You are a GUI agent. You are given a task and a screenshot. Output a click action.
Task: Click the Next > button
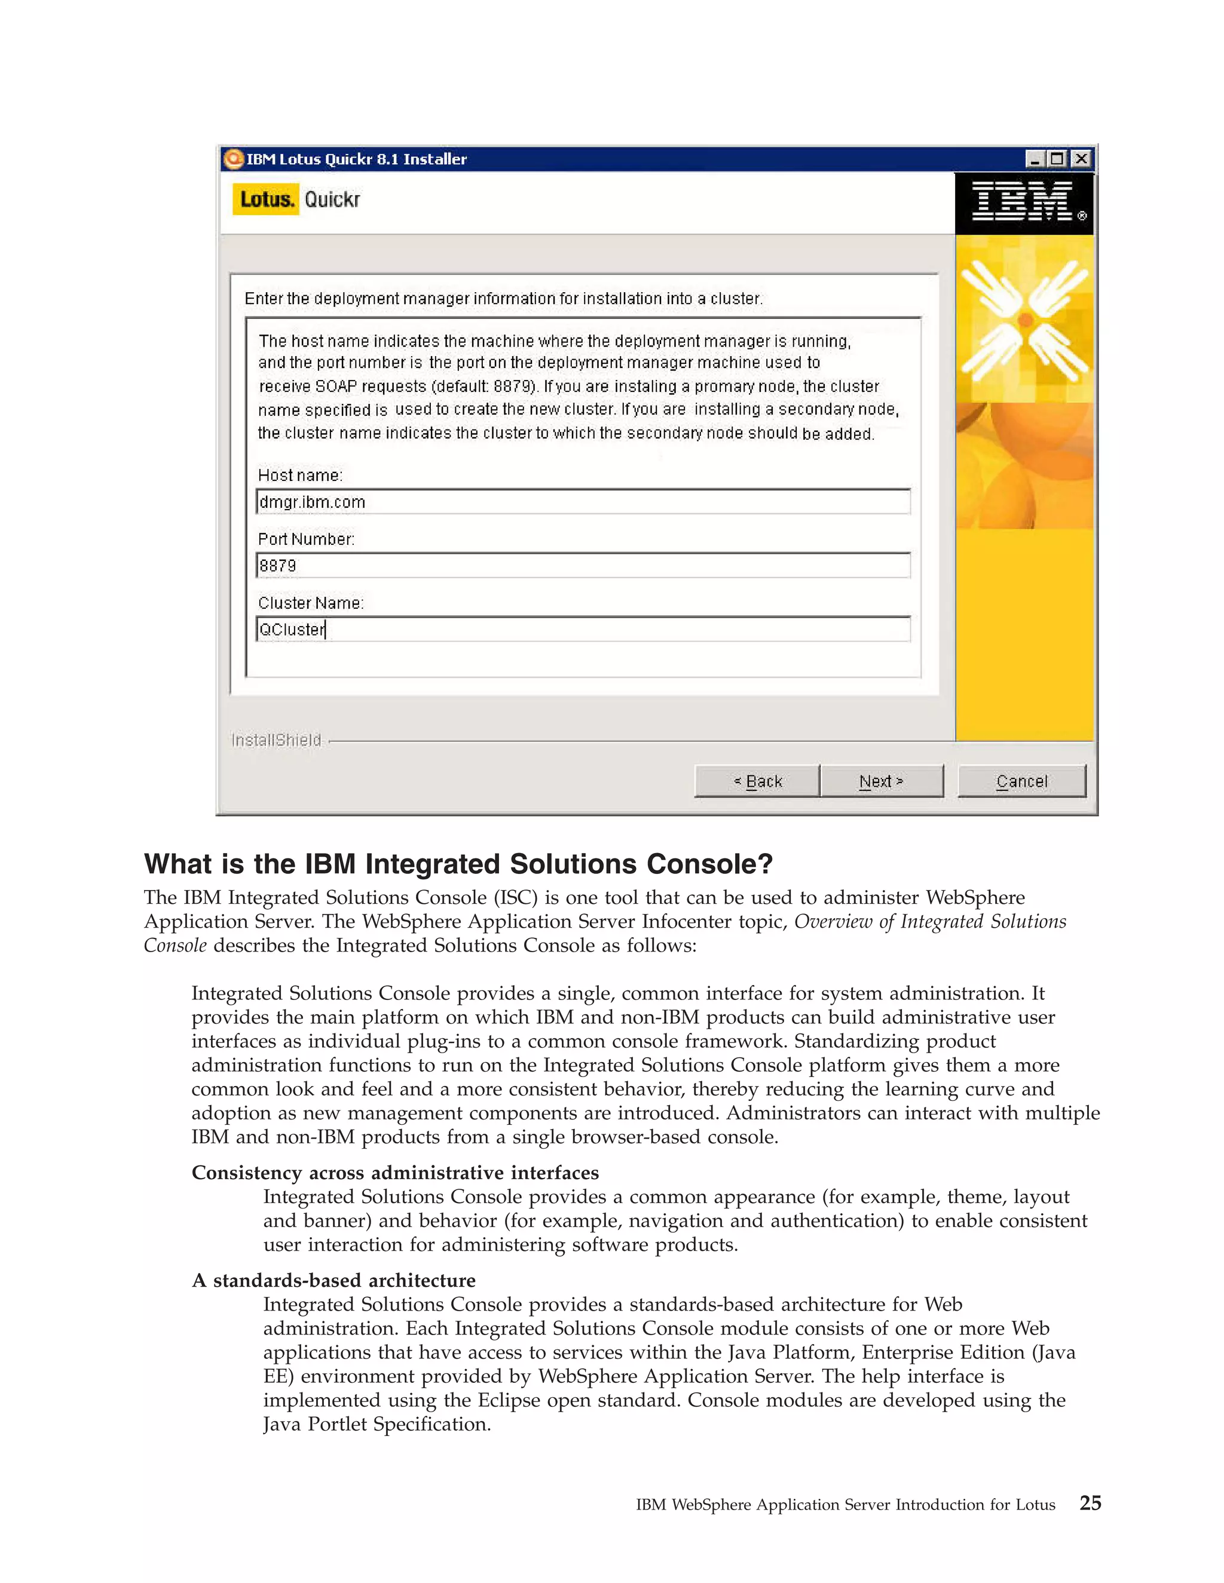(x=881, y=781)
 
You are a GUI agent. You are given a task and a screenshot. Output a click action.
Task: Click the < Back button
(x=757, y=781)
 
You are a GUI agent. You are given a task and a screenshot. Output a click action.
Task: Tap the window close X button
(x=1081, y=158)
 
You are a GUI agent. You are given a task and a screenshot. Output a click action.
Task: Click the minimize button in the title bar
(x=1035, y=158)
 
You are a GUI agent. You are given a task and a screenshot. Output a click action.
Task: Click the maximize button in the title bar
(x=1057, y=158)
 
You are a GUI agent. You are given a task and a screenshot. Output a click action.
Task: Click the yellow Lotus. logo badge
(x=265, y=200)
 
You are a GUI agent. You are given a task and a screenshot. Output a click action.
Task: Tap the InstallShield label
(x=276, y=740)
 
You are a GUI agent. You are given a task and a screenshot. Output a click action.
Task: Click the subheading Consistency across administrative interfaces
(x=394, y=1173)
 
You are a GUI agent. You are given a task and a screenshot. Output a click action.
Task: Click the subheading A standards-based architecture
(x=333, y=1281)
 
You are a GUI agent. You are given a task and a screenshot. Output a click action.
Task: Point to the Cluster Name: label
(x=310, y=603)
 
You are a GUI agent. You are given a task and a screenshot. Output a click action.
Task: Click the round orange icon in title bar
(x=234, y=159)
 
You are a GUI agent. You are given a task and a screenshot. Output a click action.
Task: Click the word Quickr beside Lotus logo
(x=332, y=200)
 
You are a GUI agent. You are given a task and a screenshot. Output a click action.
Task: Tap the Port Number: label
(x=306, y=539)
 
